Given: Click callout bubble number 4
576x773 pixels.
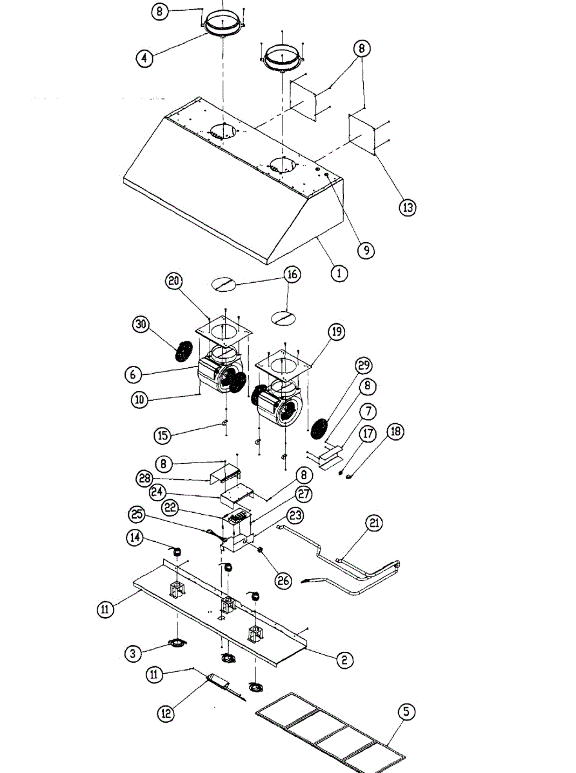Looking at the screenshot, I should point(144,57).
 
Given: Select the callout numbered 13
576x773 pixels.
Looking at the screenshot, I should point(407,207).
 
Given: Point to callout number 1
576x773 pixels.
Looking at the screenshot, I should point(339,272).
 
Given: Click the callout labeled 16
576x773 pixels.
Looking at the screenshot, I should point(292,274).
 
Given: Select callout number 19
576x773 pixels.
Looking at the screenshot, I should point(336,332).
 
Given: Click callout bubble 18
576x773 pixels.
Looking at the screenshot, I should point(395,431).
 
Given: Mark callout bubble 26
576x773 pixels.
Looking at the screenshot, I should point(283,580).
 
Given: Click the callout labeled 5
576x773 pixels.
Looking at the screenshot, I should point(406,712).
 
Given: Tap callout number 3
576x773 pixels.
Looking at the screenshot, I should point(134,653).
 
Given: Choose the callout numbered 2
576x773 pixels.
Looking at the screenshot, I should point(344,659).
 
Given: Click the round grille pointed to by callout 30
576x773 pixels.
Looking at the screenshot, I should point(185,351).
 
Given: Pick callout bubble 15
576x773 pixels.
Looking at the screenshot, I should point(163,435).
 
